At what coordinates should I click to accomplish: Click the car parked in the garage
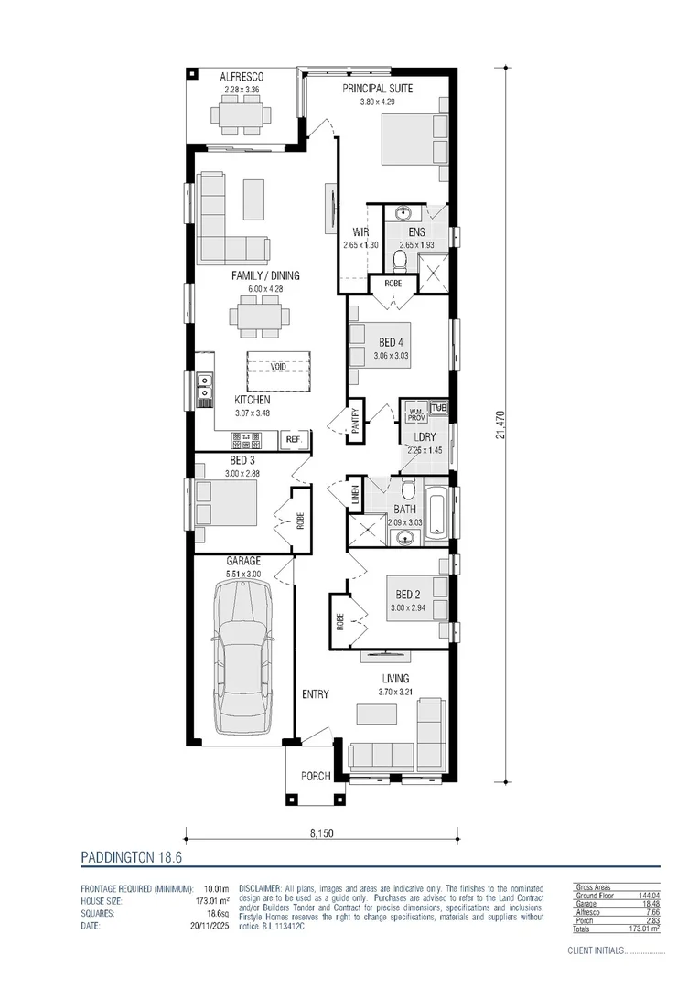click(x=242, y=657)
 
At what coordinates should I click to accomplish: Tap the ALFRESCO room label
click(x=242, y=78)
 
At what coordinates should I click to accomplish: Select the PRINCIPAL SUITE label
click(x=378, y=89)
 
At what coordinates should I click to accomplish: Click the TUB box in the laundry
click(x=439, y=407)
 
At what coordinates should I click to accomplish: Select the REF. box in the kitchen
click(x=294, y=440)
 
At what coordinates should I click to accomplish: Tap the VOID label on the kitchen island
click(x=277, y=367)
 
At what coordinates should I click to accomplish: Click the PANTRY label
click(x=355, y=423)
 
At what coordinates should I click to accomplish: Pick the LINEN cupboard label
click(x=355, y=495)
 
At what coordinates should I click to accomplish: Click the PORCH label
click(x=316, y=777)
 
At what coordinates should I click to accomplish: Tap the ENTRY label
click(x=316, y=694)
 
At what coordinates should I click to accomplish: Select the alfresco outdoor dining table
click(x=242, y=115)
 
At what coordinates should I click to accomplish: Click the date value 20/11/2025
click(x=206, y=926)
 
